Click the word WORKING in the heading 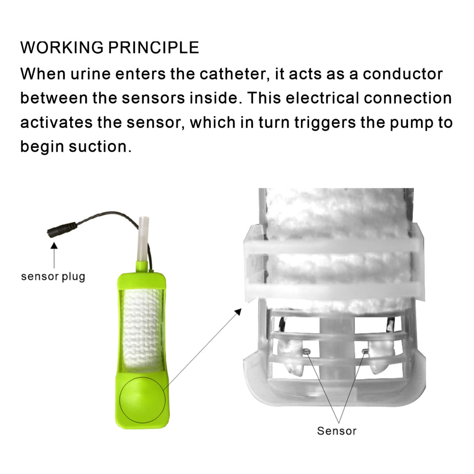click(x=62, y=47)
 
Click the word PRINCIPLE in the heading click(x=154, y=47)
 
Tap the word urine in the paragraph click(x=91, y=74)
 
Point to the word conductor click(x=402, y=74)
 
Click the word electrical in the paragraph click(x=322, y=98)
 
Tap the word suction click(x=100, y=146)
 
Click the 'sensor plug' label click(x=53, y=277)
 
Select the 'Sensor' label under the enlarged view click(x=337, y=431)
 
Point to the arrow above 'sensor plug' click(x=54, y=255)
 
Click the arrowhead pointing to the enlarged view click(x=238, y=312)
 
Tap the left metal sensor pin click(x=306, y=351)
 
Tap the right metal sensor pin click(x=365, y=351)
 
